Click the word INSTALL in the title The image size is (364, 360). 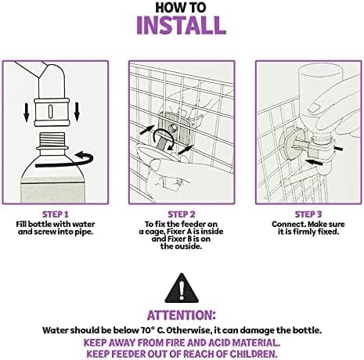pos(181,25)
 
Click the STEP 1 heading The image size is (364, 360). pos(56,214)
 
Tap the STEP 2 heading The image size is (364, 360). pos(182,214)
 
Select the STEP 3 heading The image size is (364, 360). pos(308,214)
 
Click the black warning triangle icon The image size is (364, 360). pos(182,288)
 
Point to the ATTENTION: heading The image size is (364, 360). pos(182,315)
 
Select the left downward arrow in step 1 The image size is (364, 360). pos(27,112)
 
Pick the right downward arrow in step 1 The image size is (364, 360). pos(77,112)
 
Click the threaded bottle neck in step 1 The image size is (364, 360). pos(52,139)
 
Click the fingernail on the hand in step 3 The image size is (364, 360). pos(315,107)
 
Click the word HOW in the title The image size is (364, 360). pos(168,7)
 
